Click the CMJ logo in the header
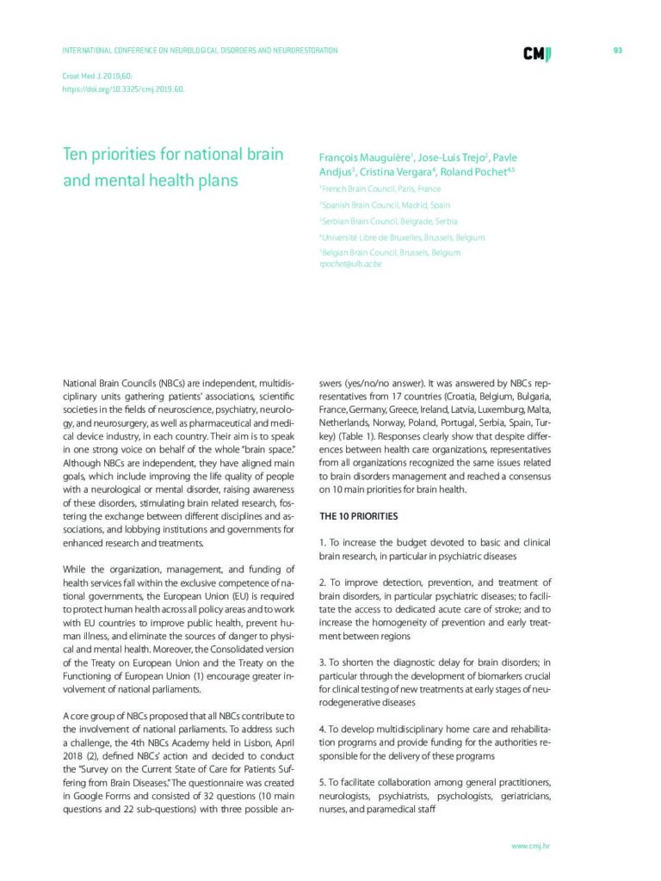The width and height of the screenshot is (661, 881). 537,52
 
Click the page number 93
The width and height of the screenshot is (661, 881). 617,51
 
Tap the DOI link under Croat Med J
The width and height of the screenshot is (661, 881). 124,89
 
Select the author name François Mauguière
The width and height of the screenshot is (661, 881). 366,157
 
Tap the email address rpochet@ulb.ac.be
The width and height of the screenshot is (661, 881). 350,264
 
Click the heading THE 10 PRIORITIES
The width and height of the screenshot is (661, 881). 358,516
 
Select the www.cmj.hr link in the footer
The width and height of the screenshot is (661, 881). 530,846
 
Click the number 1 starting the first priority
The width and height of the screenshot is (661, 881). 321,543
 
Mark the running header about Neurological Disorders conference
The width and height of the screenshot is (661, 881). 200,51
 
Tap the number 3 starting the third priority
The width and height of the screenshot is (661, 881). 321,662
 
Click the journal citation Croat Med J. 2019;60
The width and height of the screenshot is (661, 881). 96,76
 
